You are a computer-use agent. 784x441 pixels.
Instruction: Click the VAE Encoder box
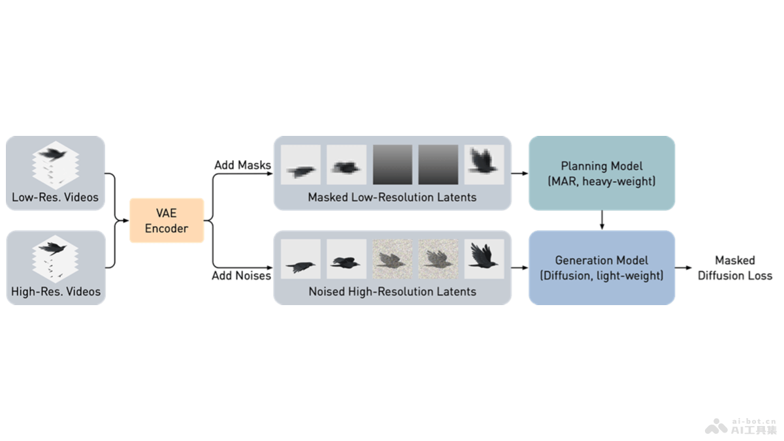click(167, 220)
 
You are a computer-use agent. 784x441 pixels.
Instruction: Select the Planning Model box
click(601, 173)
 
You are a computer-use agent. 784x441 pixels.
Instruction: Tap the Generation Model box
click(601, 268)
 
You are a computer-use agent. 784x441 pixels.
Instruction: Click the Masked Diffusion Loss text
click(735, 268)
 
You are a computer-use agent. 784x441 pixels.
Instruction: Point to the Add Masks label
click(242, 165)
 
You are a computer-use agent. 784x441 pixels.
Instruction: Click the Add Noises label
click(241, 276)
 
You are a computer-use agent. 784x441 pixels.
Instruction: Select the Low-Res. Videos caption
click(55, 197)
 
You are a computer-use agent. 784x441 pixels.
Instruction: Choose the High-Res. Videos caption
click(56, 291)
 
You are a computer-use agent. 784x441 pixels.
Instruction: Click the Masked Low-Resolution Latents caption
click(392, 197)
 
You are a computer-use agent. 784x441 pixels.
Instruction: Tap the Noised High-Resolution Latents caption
click(392, 291)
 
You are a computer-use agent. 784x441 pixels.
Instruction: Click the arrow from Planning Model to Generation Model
click(601, 220)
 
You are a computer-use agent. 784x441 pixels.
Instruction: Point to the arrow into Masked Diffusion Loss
click(683, 268)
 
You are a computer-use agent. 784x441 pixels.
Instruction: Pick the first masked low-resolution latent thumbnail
click(301, 165)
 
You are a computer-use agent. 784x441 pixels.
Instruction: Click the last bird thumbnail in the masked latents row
click(484, 165)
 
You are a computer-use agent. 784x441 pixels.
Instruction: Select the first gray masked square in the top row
click(393, 165)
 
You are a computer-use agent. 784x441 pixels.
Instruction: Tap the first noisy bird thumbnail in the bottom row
click(393, 259)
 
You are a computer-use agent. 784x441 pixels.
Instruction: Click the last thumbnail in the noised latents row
click(484, 259)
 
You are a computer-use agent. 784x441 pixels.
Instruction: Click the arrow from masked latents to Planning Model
click(519, 174)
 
